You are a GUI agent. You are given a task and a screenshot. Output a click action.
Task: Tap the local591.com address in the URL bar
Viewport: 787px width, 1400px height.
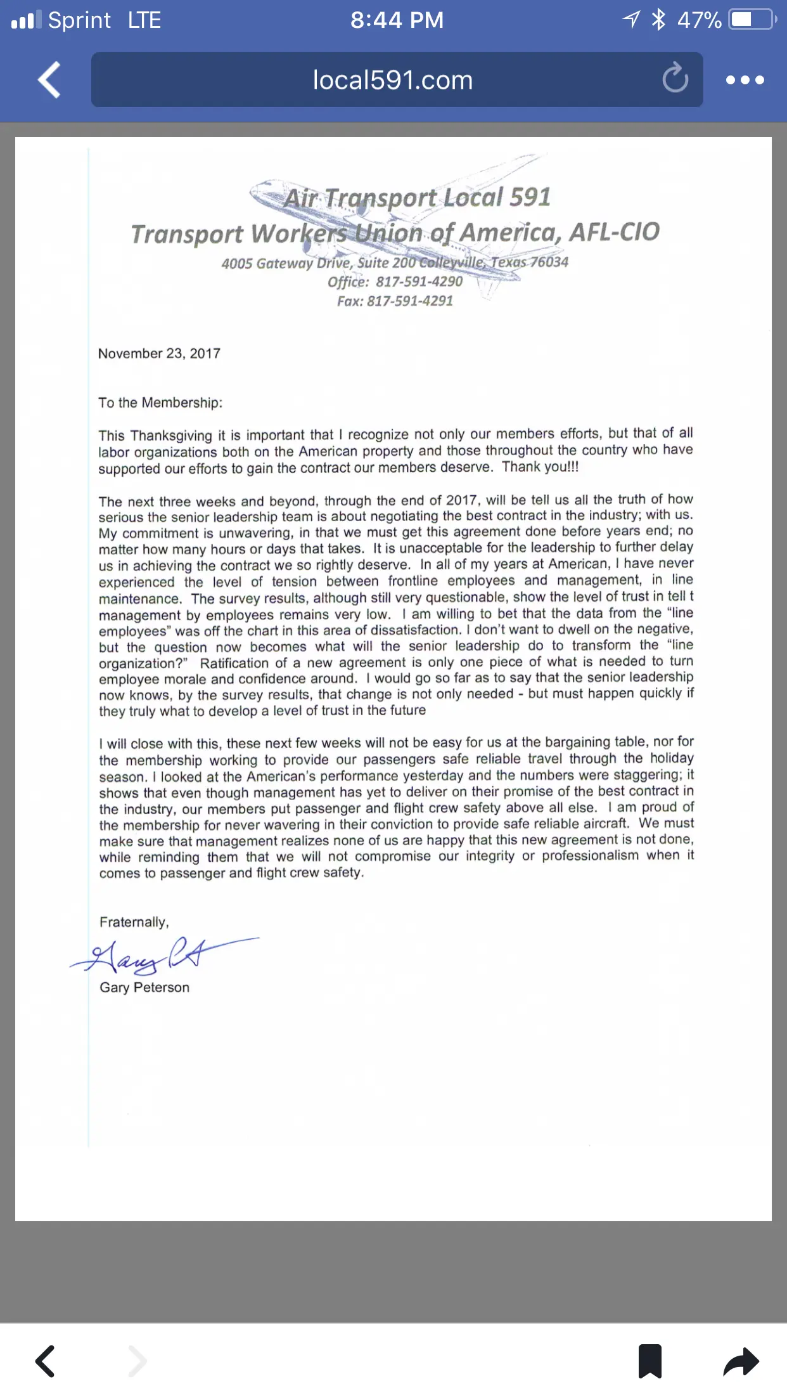tap(393, 81)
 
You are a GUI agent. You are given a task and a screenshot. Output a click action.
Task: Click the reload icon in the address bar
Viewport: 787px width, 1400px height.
tap(675, 79)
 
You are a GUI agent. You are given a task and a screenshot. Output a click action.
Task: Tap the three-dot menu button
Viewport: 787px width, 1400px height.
tap(745, 80)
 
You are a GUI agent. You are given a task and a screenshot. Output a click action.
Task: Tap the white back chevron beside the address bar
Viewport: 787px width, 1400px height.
tap(49, 80)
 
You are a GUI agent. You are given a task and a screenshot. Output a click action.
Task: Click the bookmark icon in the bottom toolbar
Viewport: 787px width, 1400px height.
tap(649, 1361)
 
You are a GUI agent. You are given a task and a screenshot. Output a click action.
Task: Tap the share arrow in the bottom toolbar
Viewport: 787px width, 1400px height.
tap(741, 1361)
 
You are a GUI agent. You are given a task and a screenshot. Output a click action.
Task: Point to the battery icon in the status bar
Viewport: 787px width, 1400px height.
tap(752, 20)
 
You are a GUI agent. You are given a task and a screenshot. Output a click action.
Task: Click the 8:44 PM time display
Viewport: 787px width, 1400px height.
tap(397, 20)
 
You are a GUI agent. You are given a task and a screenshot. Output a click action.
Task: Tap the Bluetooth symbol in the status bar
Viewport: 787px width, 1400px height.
tap(659, 20)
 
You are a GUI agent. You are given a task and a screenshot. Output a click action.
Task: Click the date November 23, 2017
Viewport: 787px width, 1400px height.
tap(159, 354)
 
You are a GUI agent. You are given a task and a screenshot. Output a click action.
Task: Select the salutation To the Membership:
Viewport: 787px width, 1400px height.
tap(160, 403)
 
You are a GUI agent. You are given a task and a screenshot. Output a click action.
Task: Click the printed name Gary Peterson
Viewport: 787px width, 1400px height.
tap(144, 987)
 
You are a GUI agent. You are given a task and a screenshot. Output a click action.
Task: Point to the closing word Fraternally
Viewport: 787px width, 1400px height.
tap(134, 922)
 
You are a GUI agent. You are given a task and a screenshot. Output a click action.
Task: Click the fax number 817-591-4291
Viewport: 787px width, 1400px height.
tap(410, 301)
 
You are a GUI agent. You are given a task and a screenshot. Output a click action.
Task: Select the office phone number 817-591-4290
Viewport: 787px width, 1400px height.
tap(419, 282)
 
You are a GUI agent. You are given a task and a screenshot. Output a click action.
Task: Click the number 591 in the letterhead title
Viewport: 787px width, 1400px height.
tap(530, 197)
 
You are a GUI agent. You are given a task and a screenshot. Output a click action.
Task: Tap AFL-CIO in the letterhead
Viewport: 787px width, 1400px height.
tap(614, 232)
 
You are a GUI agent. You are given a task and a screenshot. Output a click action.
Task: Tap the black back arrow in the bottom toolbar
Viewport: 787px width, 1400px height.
tap(45, 1361)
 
